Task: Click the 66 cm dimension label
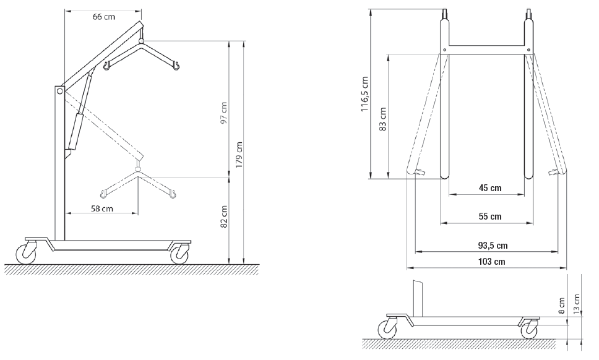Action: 103,17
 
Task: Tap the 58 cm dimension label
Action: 102,208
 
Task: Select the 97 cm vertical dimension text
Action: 224,113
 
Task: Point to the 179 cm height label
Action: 239,156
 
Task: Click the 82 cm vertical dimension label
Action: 224,217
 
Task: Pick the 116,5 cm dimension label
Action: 365,94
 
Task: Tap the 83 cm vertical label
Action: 383,119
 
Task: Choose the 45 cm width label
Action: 490,188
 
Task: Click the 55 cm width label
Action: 490,216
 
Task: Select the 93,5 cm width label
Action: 493,246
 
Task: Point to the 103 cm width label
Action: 492,262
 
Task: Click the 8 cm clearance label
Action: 562,306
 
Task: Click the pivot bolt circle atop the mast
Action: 59,92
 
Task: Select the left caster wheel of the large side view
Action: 27,253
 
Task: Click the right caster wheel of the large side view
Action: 179,253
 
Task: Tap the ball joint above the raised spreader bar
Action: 142,40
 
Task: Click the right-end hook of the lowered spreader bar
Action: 174,195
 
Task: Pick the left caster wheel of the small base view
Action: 387,329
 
